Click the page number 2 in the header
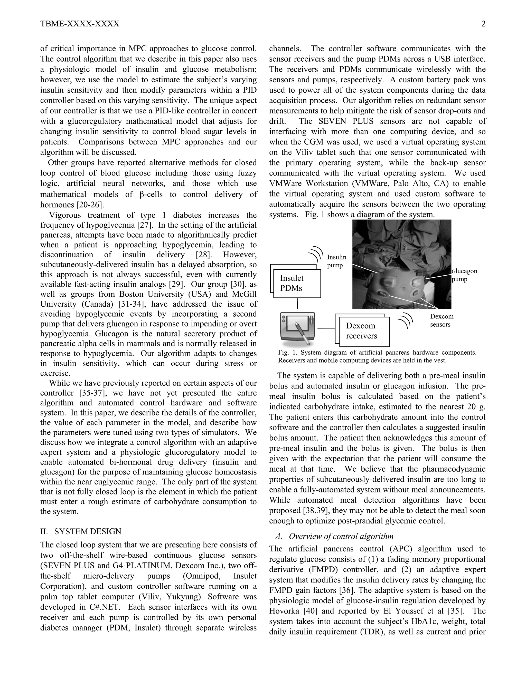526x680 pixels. [483, 24]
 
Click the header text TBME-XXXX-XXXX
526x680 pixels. [80, 24]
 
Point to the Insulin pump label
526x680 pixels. [336, 261]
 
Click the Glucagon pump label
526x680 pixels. [464, 275]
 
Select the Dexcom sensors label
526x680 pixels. [442, 320]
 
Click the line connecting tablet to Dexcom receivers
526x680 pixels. [326, 329]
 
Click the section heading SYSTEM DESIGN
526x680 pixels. [88, 531]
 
